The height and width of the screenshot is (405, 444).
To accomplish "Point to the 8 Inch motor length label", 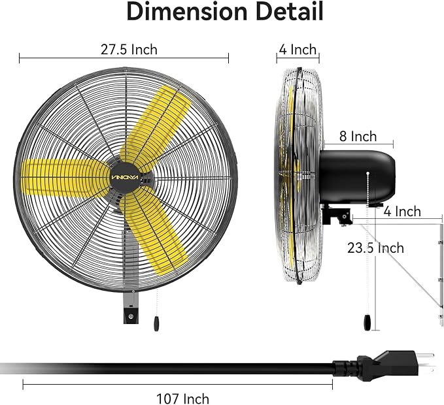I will [x=358, y=137].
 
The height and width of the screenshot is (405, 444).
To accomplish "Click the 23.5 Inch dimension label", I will [x=375, y=248].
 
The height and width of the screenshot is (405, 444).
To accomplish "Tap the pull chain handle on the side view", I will [x=368, y=321].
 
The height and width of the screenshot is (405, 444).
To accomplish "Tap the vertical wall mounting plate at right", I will [x=439, y=274].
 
